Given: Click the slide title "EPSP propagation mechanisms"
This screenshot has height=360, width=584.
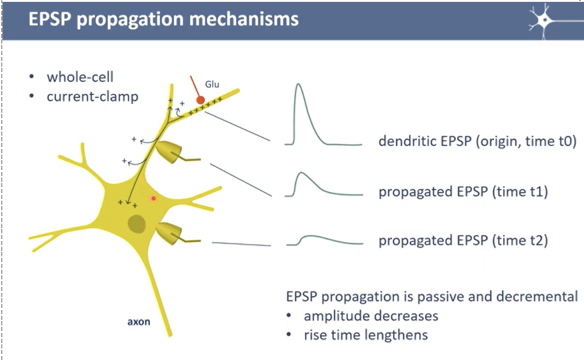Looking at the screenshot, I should [163, 19].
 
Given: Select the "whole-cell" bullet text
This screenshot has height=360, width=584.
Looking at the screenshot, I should [80, 77].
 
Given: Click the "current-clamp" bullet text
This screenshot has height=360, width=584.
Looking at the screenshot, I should [92, 97].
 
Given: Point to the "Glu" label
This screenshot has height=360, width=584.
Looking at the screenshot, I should [212, 84].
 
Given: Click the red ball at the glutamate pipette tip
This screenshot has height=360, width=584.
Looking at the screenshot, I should [200, 100].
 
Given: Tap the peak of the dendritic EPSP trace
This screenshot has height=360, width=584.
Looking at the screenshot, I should [299, 85].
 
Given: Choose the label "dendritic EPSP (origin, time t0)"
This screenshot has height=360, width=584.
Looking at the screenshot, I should [477, 141].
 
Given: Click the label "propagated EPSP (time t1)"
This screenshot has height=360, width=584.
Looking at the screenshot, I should [463, 192].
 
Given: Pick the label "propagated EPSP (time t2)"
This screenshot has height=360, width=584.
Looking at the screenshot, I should [463, 240].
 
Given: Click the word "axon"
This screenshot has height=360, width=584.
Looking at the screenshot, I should [138, 322].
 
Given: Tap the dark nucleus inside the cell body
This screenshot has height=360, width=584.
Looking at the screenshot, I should [136, 223].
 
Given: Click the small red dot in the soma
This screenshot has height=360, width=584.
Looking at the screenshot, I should [154, 198].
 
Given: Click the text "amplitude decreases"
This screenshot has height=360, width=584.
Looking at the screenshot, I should [371, 316].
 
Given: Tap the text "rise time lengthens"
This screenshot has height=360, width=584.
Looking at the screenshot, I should [366, 335].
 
